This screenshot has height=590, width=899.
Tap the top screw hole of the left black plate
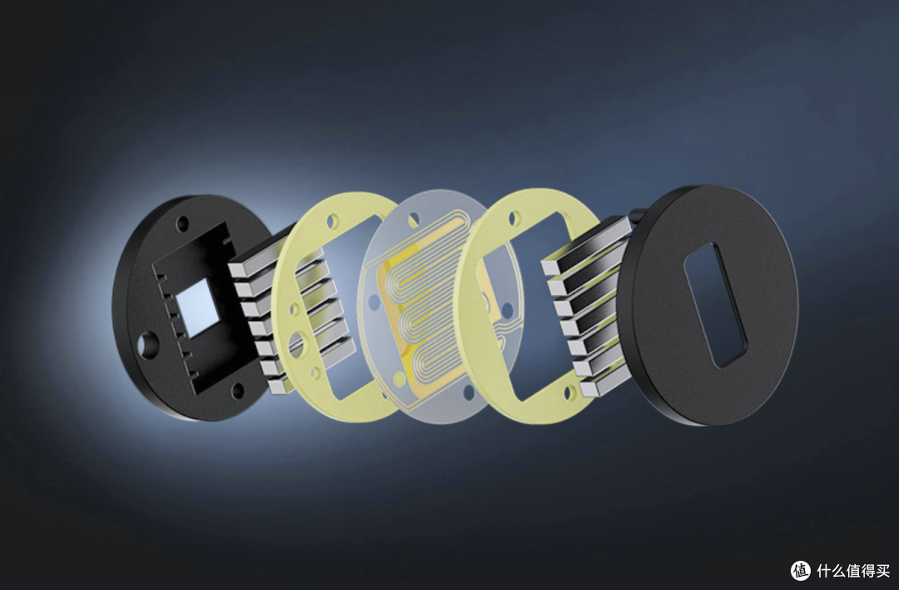point(182,223)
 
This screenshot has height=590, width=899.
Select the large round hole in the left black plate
point(148,344)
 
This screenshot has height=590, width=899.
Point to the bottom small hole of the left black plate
point(236,391)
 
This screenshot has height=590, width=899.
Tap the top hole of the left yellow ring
point(332,221)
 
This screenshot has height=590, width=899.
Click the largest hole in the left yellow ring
point(296,344)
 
